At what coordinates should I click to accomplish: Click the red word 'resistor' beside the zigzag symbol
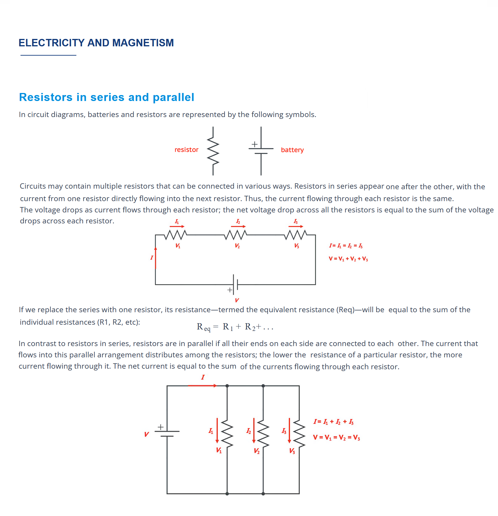(x=186, y=150)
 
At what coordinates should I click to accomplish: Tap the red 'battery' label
(x=292, y=150)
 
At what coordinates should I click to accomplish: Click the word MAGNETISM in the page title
(x=143, y=43)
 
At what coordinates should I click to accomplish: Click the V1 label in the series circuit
(x=178, y=246)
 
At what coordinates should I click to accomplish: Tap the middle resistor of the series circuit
(x=236, y=235)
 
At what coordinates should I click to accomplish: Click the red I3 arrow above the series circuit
(x=296, y=227)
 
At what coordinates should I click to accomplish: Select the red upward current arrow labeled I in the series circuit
(x=156, y=258)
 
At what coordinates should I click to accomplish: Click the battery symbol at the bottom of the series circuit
(x=235, y=285)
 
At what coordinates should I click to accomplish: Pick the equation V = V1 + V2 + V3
(x=348, y=259)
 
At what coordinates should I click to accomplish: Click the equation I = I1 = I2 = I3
(x=346, y=246)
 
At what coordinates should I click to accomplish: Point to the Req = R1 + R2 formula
(x=235, y=327)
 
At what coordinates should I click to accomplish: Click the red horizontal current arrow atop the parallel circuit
(x=202, y=386)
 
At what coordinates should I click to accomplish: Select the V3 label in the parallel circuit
(x=292, y=451)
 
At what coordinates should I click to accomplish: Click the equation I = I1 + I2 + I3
(x=334, y=422)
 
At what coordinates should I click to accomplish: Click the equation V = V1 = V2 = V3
(x=336, y=438)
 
